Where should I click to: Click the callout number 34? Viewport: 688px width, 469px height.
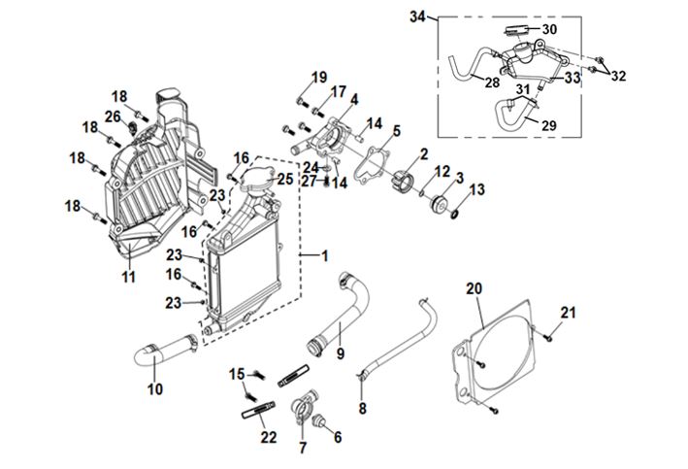417,17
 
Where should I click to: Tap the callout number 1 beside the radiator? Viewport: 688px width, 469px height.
325,255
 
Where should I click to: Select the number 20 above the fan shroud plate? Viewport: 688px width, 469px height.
474,288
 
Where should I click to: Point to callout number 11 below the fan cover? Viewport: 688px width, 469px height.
128,278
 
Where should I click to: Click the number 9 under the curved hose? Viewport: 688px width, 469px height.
340,352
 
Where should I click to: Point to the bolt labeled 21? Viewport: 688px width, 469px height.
549,336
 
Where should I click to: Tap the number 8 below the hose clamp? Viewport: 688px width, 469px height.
362,410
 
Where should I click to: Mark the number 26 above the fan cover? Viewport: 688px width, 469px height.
113,117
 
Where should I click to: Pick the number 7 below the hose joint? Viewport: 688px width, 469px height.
302,448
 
